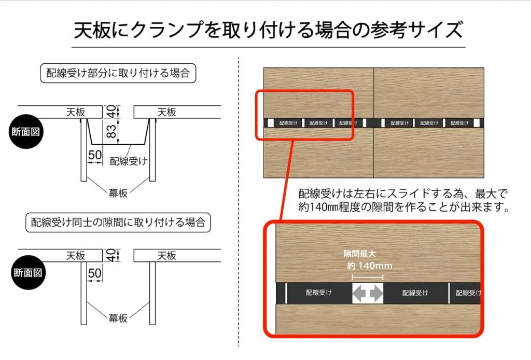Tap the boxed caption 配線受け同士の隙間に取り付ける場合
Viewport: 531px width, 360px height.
tap(118, 223)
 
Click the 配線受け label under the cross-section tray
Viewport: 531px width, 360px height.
tap(128, 161)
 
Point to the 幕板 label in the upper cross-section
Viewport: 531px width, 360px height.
tap(118, 193)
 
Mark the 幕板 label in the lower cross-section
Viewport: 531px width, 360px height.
tap(118, 318)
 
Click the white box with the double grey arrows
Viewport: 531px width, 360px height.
tap(368, 293)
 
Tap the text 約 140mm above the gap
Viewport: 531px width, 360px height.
tap(370, 266)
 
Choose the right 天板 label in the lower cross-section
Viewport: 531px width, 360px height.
tap(167, 255)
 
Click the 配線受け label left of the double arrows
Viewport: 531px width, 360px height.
tap(318, 293)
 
